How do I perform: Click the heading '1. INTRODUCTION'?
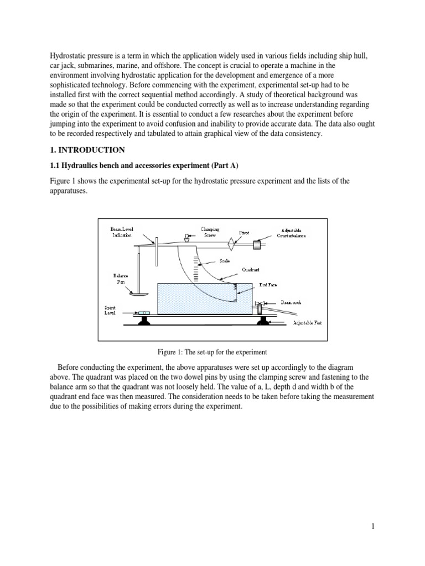click(87, 150)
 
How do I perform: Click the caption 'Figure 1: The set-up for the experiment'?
click(212, 352)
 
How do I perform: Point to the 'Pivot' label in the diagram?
click(245, 233)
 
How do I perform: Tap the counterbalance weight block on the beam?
click(258, 244)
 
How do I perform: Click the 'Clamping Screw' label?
click(210, 231)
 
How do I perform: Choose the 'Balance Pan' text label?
click(120, 277)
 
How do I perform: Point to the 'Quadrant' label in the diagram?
click(251, 270)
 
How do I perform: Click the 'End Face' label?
click(268, 285)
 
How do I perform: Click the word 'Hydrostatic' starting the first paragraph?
click(69, 57)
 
